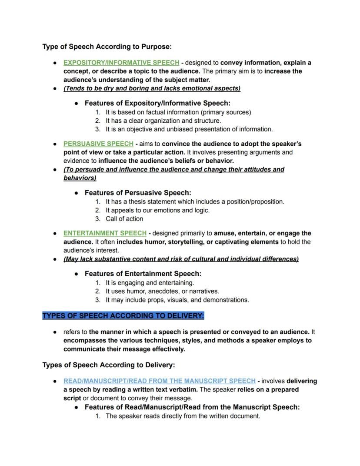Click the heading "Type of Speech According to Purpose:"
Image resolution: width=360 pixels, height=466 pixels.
pos(107,47)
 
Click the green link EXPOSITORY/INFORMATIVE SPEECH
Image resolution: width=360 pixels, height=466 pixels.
pos(121,63)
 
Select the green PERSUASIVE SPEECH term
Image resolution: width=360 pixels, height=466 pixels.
pos(98,144)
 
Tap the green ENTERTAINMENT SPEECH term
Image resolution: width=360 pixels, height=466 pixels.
pos(105,233)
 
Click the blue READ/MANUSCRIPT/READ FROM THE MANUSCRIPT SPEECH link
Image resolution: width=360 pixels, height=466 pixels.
pos(159,381)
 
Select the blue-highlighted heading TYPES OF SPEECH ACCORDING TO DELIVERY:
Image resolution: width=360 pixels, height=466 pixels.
pos(123,315)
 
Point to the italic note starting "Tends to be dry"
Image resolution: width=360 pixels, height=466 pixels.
pos(152,88)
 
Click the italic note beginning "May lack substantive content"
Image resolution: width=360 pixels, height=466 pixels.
pos(181,259)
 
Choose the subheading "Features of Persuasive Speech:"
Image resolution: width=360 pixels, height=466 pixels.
pos(138,193)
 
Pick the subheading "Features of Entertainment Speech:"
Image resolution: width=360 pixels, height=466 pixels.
pos(143,274)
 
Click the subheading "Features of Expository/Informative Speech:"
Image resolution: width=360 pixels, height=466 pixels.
pos(157,103)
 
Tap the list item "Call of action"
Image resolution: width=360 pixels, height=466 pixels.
pos(124,219)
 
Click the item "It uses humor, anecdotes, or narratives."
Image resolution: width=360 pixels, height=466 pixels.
pos(162,292)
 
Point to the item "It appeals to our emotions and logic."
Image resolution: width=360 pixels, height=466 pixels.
pos(157,210)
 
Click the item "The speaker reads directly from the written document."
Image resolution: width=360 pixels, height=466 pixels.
pos(183,416)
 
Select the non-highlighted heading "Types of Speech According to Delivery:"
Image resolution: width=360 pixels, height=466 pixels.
pos(108,365)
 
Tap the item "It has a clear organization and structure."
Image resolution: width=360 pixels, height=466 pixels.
pos(163,121)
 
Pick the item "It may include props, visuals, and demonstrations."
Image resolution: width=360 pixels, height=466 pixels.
pos(177,300)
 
